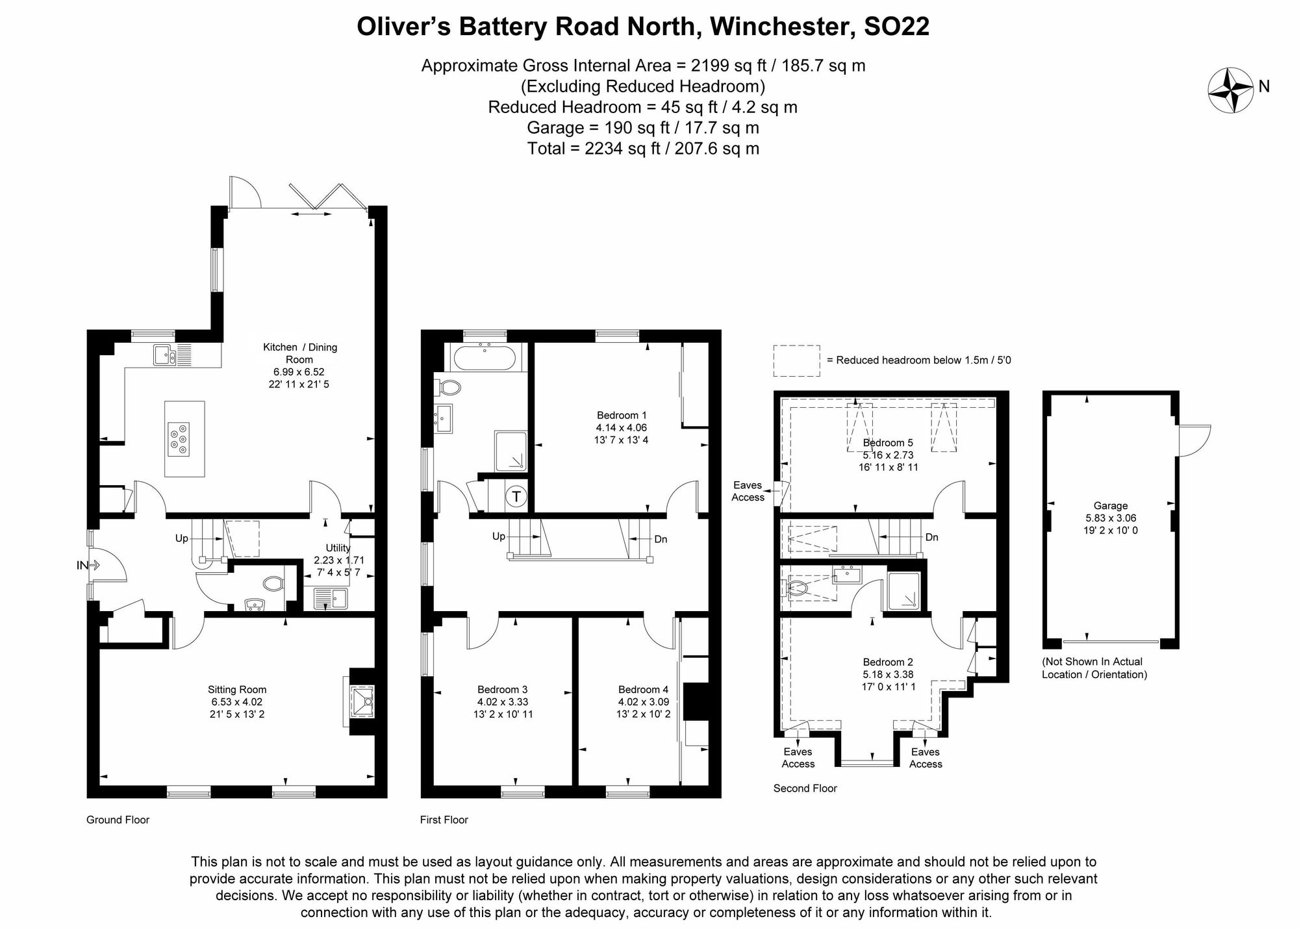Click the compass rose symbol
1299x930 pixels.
1230,90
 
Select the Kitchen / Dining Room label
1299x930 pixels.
299,353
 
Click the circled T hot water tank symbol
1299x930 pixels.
516,497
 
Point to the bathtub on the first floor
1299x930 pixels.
485,358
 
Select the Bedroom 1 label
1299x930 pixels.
621,416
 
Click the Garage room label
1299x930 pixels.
1110,505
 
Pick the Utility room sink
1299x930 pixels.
331,598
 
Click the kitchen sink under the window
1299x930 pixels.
164,355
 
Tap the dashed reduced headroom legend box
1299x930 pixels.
796,361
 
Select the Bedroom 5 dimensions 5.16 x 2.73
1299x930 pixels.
888,455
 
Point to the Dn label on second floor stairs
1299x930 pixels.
931,537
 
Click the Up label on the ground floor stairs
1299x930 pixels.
182,538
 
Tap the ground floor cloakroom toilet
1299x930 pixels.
273,584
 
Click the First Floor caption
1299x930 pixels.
444,820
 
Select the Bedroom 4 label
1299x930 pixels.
643,690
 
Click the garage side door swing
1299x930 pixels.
1194,440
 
